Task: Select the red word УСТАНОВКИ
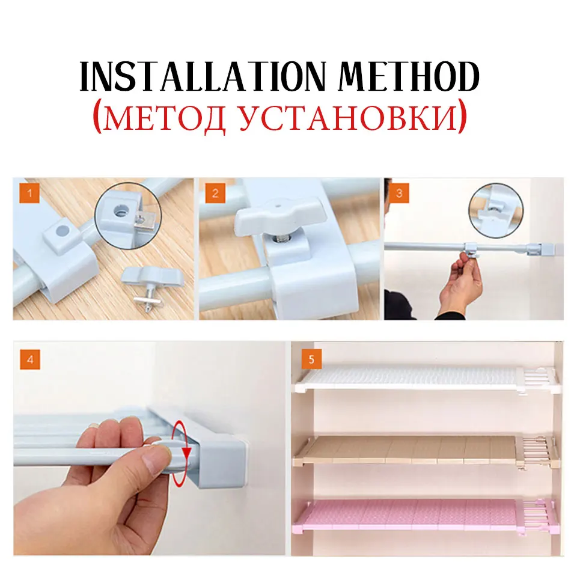pyautogui.click(x=348, y=118)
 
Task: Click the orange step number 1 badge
pyautogui.click(x=29, y=193)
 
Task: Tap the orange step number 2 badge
pyautogui.click(x=215, y=193)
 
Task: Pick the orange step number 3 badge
pyautogui.click(x=399, y=193)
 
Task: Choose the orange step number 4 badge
pyautogui.click(x=30, y=359)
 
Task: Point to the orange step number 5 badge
pyautogui.click(x=311, y=359)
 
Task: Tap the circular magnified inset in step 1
pyautogui.click(x=127, y=216)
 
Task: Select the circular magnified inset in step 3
pyautogui.click(x=496, y=211)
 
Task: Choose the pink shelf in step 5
pyautogui.click(x=424, y=515)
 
